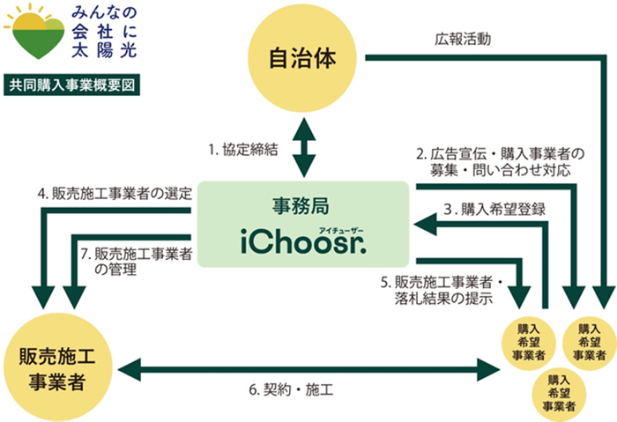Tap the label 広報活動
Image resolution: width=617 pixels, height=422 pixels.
coord(463,39)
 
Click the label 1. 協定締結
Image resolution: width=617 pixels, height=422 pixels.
coord(244,150)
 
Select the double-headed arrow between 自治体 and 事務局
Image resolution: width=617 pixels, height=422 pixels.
coord(304,147)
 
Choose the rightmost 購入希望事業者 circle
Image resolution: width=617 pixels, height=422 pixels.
coord(588,340)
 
